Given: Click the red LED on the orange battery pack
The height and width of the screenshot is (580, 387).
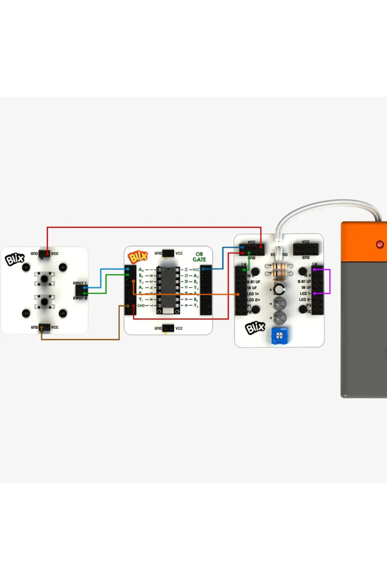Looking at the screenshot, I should click(380, 244).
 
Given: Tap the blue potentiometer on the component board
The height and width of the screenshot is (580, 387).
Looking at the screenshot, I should click(279, 336).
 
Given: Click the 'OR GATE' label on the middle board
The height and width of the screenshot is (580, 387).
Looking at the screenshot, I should click(199, 257).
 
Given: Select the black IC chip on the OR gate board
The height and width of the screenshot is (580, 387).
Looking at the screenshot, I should click(168, 287).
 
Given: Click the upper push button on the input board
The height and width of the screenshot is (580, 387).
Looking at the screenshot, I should click(44, 278).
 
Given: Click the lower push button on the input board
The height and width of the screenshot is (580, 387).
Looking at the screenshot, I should click(44, 302).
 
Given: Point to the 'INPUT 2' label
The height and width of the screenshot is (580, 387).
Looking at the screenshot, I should click(80, 298).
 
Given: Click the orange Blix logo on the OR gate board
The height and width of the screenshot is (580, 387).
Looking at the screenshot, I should click(138, 257).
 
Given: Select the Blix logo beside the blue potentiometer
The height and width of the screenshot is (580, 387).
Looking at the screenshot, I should click(255, 328).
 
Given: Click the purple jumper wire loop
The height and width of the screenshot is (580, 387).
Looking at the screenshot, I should click(330, 281).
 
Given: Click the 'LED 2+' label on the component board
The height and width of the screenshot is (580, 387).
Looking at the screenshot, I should click(253, 300).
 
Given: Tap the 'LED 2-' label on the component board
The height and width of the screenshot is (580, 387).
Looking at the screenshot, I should click(305, 299).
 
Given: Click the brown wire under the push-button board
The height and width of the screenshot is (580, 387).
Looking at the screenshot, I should click(81, 339).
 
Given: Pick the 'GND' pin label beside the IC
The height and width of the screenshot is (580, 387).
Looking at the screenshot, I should click(141, 305).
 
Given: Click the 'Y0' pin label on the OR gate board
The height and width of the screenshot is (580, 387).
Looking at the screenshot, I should click(141, 281).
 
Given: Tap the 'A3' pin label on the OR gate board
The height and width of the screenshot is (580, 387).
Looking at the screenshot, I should click(196, 276).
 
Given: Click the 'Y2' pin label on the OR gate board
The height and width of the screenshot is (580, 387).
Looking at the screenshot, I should click(196, 305).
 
